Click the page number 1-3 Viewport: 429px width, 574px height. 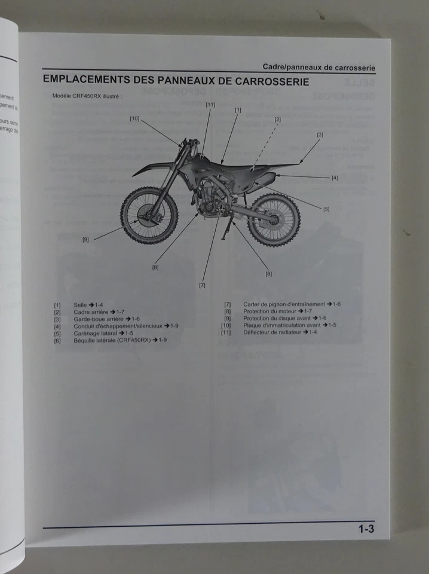366,529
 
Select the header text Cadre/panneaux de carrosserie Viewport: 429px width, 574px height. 319,68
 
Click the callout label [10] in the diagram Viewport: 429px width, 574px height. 134,118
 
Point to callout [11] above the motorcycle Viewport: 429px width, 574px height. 210,105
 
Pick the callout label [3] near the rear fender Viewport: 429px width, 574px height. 320,135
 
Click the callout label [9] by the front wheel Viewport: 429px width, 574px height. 85,240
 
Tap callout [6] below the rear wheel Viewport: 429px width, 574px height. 268,274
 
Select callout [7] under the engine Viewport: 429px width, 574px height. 202,285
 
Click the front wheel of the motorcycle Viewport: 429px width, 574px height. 149,215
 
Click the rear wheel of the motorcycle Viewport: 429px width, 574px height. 274,219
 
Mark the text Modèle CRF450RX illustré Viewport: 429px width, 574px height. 87,96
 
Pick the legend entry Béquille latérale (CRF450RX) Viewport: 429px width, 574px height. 119,340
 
